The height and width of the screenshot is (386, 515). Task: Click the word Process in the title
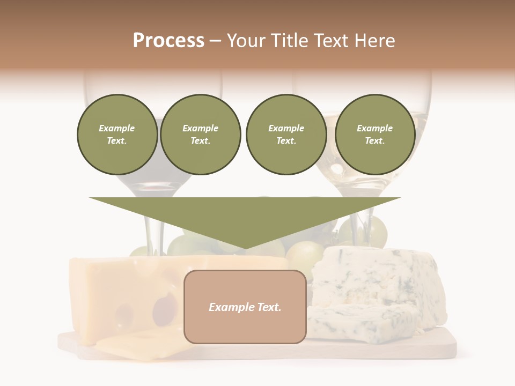coord(168,41)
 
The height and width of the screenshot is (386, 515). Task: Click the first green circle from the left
coord(117,135)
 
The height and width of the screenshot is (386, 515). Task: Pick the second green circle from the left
coord(200,135)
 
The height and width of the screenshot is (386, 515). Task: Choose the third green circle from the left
coord(286,135)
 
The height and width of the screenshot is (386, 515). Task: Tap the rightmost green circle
coord(374,135)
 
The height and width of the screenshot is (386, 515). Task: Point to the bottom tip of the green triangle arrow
coord(245,248)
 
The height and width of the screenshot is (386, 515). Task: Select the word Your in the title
coord(247,41)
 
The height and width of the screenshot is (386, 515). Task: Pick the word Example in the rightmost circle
coord(374,128)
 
